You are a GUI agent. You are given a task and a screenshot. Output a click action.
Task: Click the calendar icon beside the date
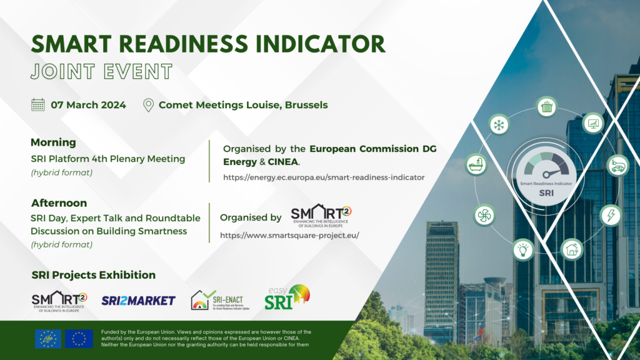click(x=38, y=105)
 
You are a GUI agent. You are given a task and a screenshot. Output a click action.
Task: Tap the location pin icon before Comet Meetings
click(x=148, y=105)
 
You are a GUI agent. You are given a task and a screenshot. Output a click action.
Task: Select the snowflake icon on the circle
click(x=499, y=124)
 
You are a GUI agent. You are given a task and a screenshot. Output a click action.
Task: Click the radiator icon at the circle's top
click(x=547, y=107)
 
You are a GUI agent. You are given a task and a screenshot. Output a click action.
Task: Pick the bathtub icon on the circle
click(x=476, y=164)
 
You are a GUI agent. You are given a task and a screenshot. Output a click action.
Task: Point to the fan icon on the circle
click(x=484, y=215)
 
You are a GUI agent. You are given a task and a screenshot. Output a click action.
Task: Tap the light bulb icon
click(x=522, y=249)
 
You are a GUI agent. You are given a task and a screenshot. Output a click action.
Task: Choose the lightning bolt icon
click(x=610, y=216)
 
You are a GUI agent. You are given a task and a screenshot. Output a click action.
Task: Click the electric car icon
click(x=617, y=165)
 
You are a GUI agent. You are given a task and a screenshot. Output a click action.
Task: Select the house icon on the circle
click(x=571, y=249)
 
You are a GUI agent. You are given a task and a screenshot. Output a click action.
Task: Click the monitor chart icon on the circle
click(x=592, y=124)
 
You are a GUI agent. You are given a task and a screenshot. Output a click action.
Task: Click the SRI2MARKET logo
click(x=138, y=301)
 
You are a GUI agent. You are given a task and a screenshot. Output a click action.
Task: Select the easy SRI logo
click(x=287, y=297)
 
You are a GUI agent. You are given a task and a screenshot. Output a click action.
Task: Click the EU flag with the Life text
click(x=47, y=339)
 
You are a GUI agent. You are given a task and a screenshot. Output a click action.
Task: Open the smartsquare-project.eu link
click(x=289, y=236)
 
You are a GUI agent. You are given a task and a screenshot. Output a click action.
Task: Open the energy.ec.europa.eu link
click(x=324, y=177)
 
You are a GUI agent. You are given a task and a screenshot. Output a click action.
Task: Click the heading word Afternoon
click(x=59, y=203)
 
